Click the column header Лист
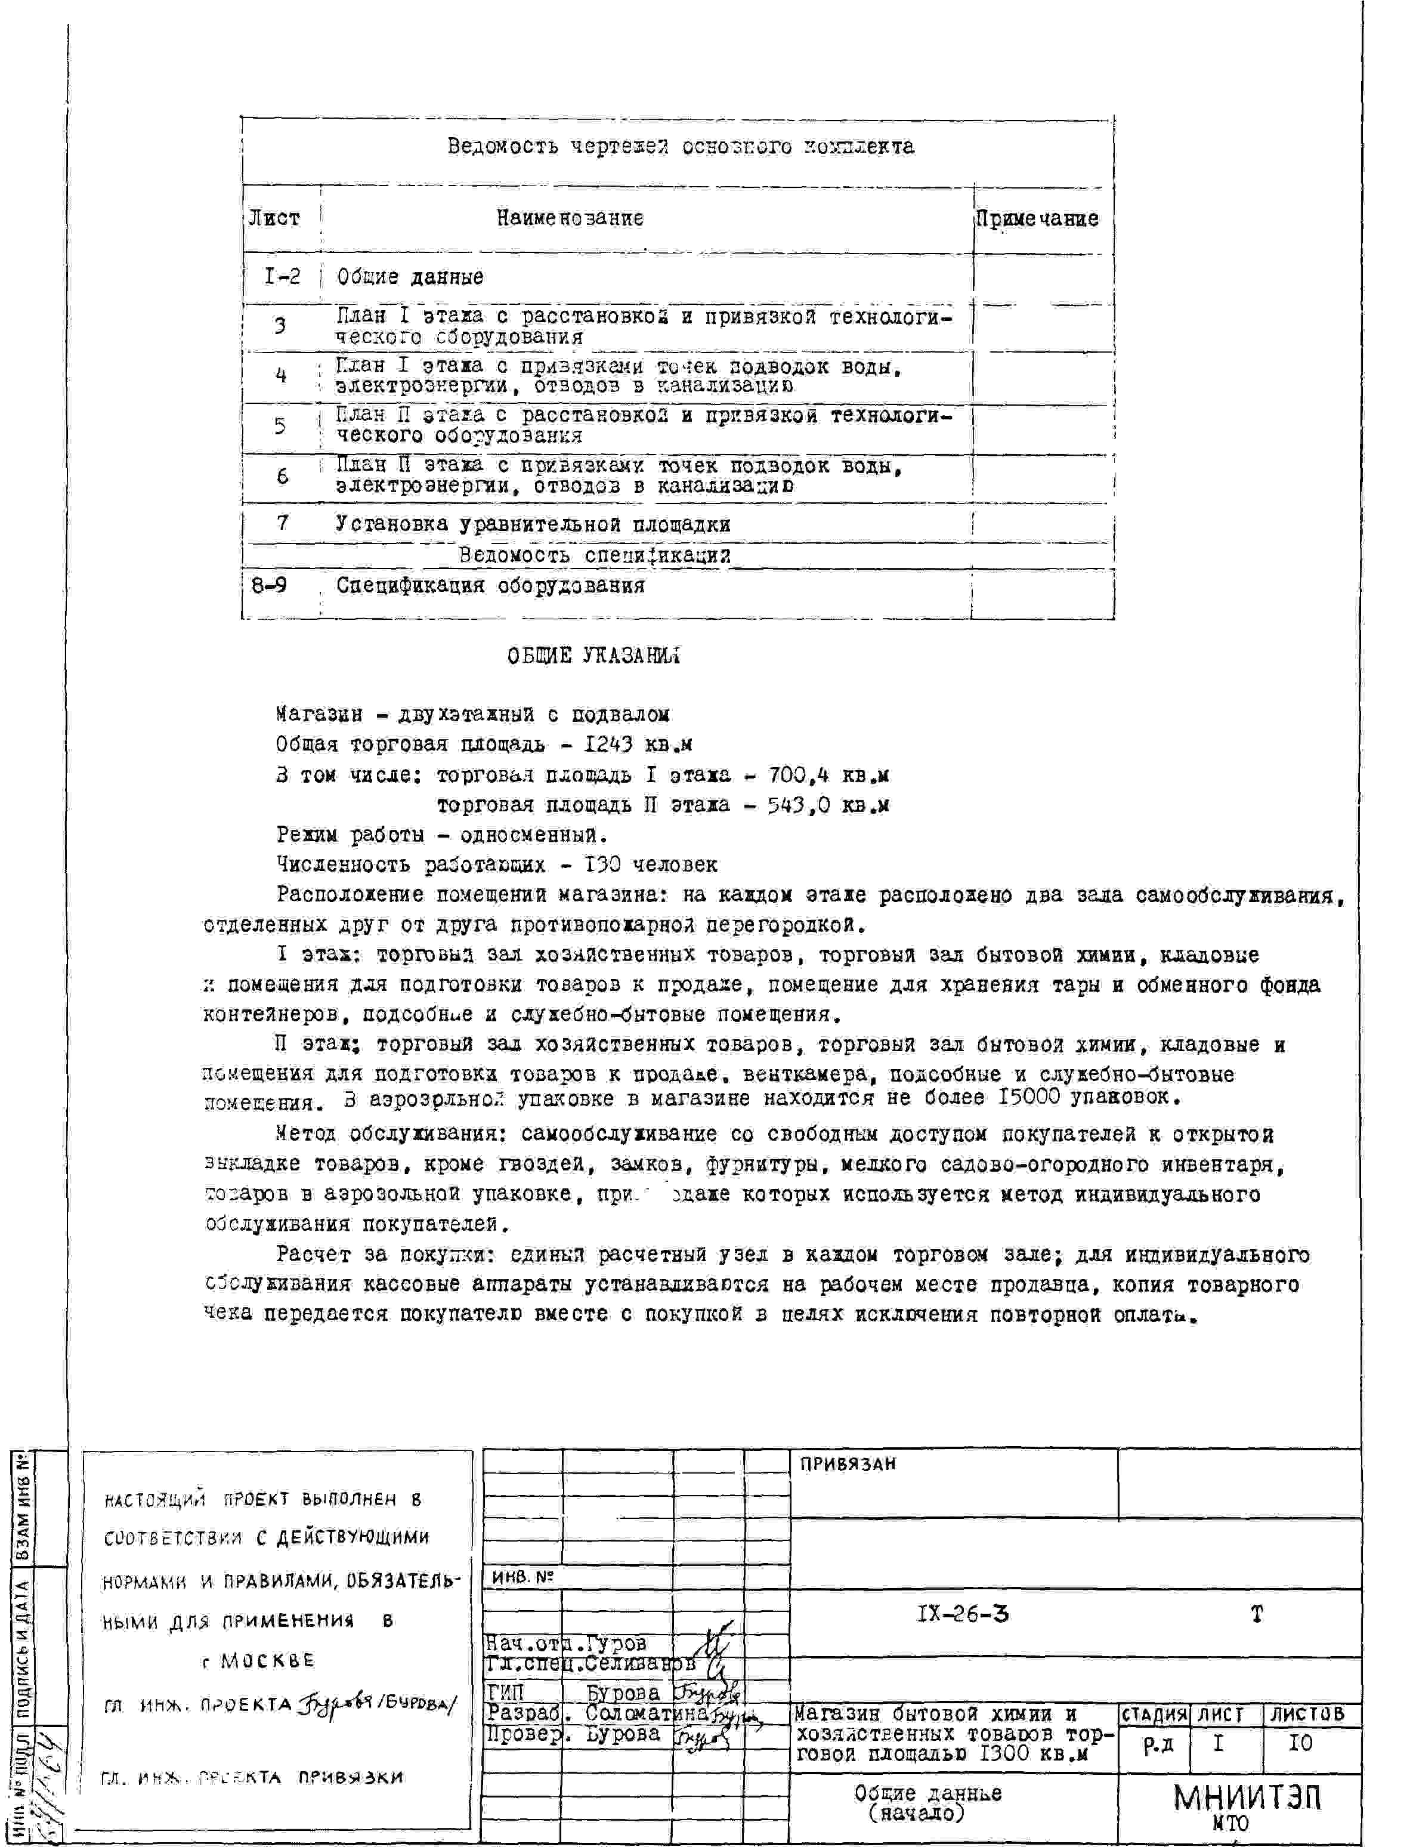click(274, 219)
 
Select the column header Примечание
click(1037, 220)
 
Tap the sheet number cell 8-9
click(269, 585)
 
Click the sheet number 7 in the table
click(283, 523)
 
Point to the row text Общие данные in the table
click(410, 277)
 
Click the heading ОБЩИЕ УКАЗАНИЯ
click(594, 656)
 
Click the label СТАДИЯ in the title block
click(1154, 1713)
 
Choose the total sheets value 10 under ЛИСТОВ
click(1300, 1744)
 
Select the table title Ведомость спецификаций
click(594, 555)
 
